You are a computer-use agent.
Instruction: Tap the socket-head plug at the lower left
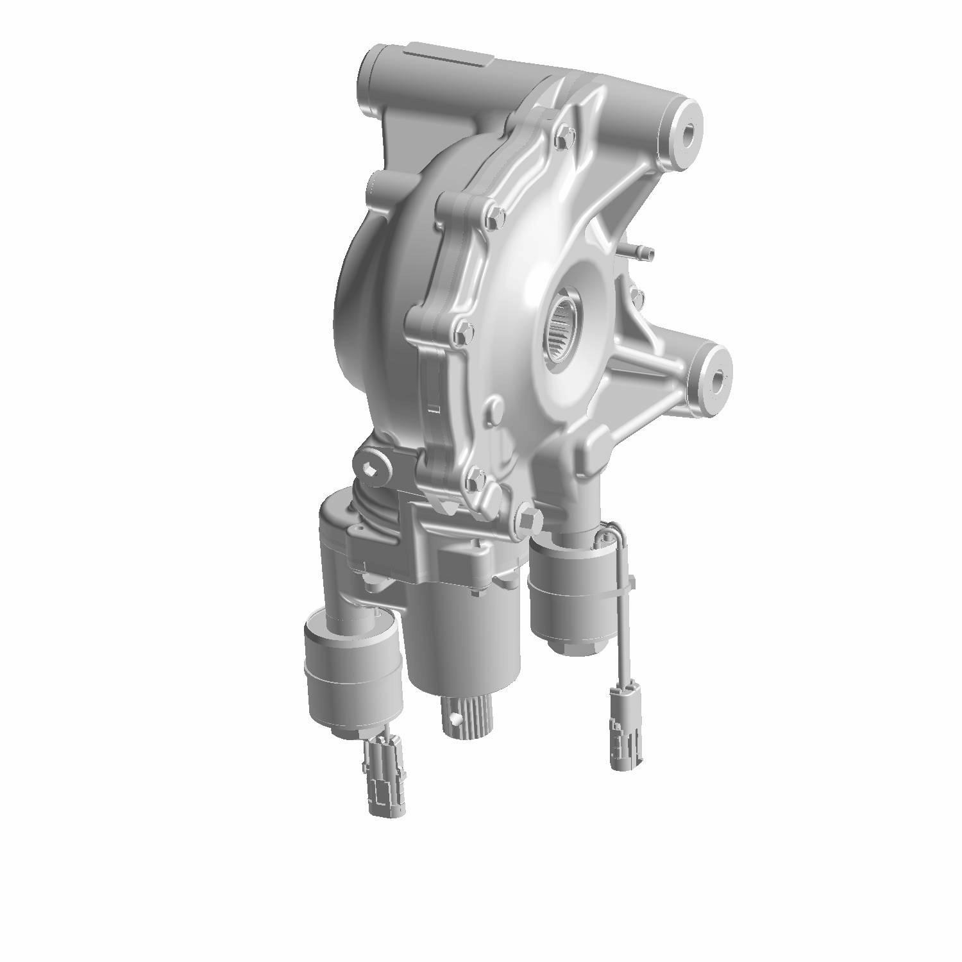(373, 469)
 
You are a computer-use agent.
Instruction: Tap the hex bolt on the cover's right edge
(636, 294)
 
